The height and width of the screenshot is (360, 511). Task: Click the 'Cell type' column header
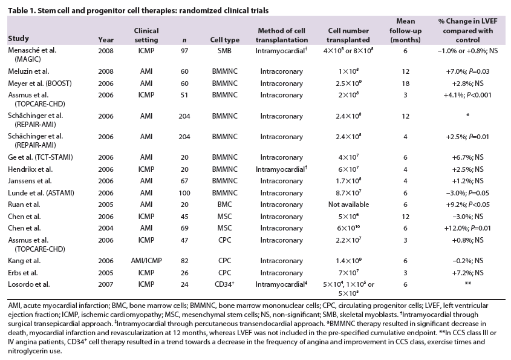(x=224, y=40)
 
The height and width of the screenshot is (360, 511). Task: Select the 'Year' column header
(x=106, y=40)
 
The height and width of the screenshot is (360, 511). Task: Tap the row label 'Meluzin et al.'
(x=28, y=71)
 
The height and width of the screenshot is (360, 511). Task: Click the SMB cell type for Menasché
(x=224, y=51)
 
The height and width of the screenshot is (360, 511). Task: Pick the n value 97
(x=184, y=51)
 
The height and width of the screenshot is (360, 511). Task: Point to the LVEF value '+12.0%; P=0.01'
(x=467, y=228)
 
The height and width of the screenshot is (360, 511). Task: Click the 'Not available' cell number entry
(x=348, y=205)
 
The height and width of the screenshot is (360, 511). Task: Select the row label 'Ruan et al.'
(x=24, y=205)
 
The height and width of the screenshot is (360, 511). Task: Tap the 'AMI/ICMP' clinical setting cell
(x=146, y=261)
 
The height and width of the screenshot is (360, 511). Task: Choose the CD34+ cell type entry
(x=224, y=284)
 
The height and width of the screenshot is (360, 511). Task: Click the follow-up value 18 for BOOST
(x=405, y=83)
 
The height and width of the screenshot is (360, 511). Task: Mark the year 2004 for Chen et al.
(x=106, y=228)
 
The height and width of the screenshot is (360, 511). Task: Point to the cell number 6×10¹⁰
(x=348, y=227)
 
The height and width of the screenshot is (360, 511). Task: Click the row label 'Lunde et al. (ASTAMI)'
(x=41, y=193)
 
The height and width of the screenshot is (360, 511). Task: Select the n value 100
(x=184, y=193)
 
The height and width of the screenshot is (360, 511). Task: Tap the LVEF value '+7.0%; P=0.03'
(x=467, y=71)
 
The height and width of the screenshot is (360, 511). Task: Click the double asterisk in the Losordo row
(x=467, y=283)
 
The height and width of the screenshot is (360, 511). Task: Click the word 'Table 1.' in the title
(x=22, y=10)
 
